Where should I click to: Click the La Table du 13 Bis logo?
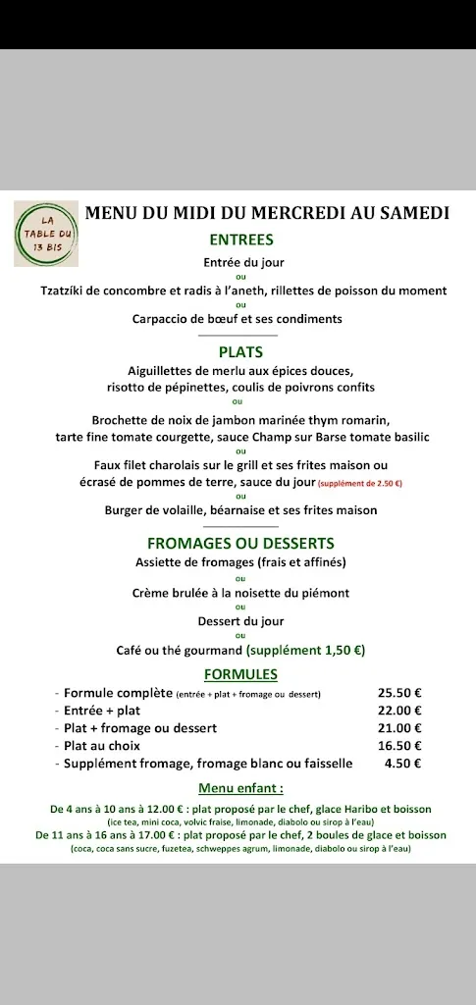point(46,234)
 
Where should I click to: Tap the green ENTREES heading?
point(241,238)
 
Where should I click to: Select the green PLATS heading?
point(241,351)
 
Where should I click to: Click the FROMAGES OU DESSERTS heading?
point(240,543)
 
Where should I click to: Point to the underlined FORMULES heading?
point(240,674)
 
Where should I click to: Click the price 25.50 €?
point(399,693)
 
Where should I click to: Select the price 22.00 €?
point(399,711)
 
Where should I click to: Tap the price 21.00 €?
point(399,728)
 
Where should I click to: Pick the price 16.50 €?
point(399,746)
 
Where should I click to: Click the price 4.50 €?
point(402,763)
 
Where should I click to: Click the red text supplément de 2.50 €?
point(360,483)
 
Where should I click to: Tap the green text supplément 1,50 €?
point(306,650)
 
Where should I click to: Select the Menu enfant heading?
point(240,788)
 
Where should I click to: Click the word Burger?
point(126,510)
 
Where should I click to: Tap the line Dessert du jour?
point(240,621)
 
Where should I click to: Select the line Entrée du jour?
point(241,262)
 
